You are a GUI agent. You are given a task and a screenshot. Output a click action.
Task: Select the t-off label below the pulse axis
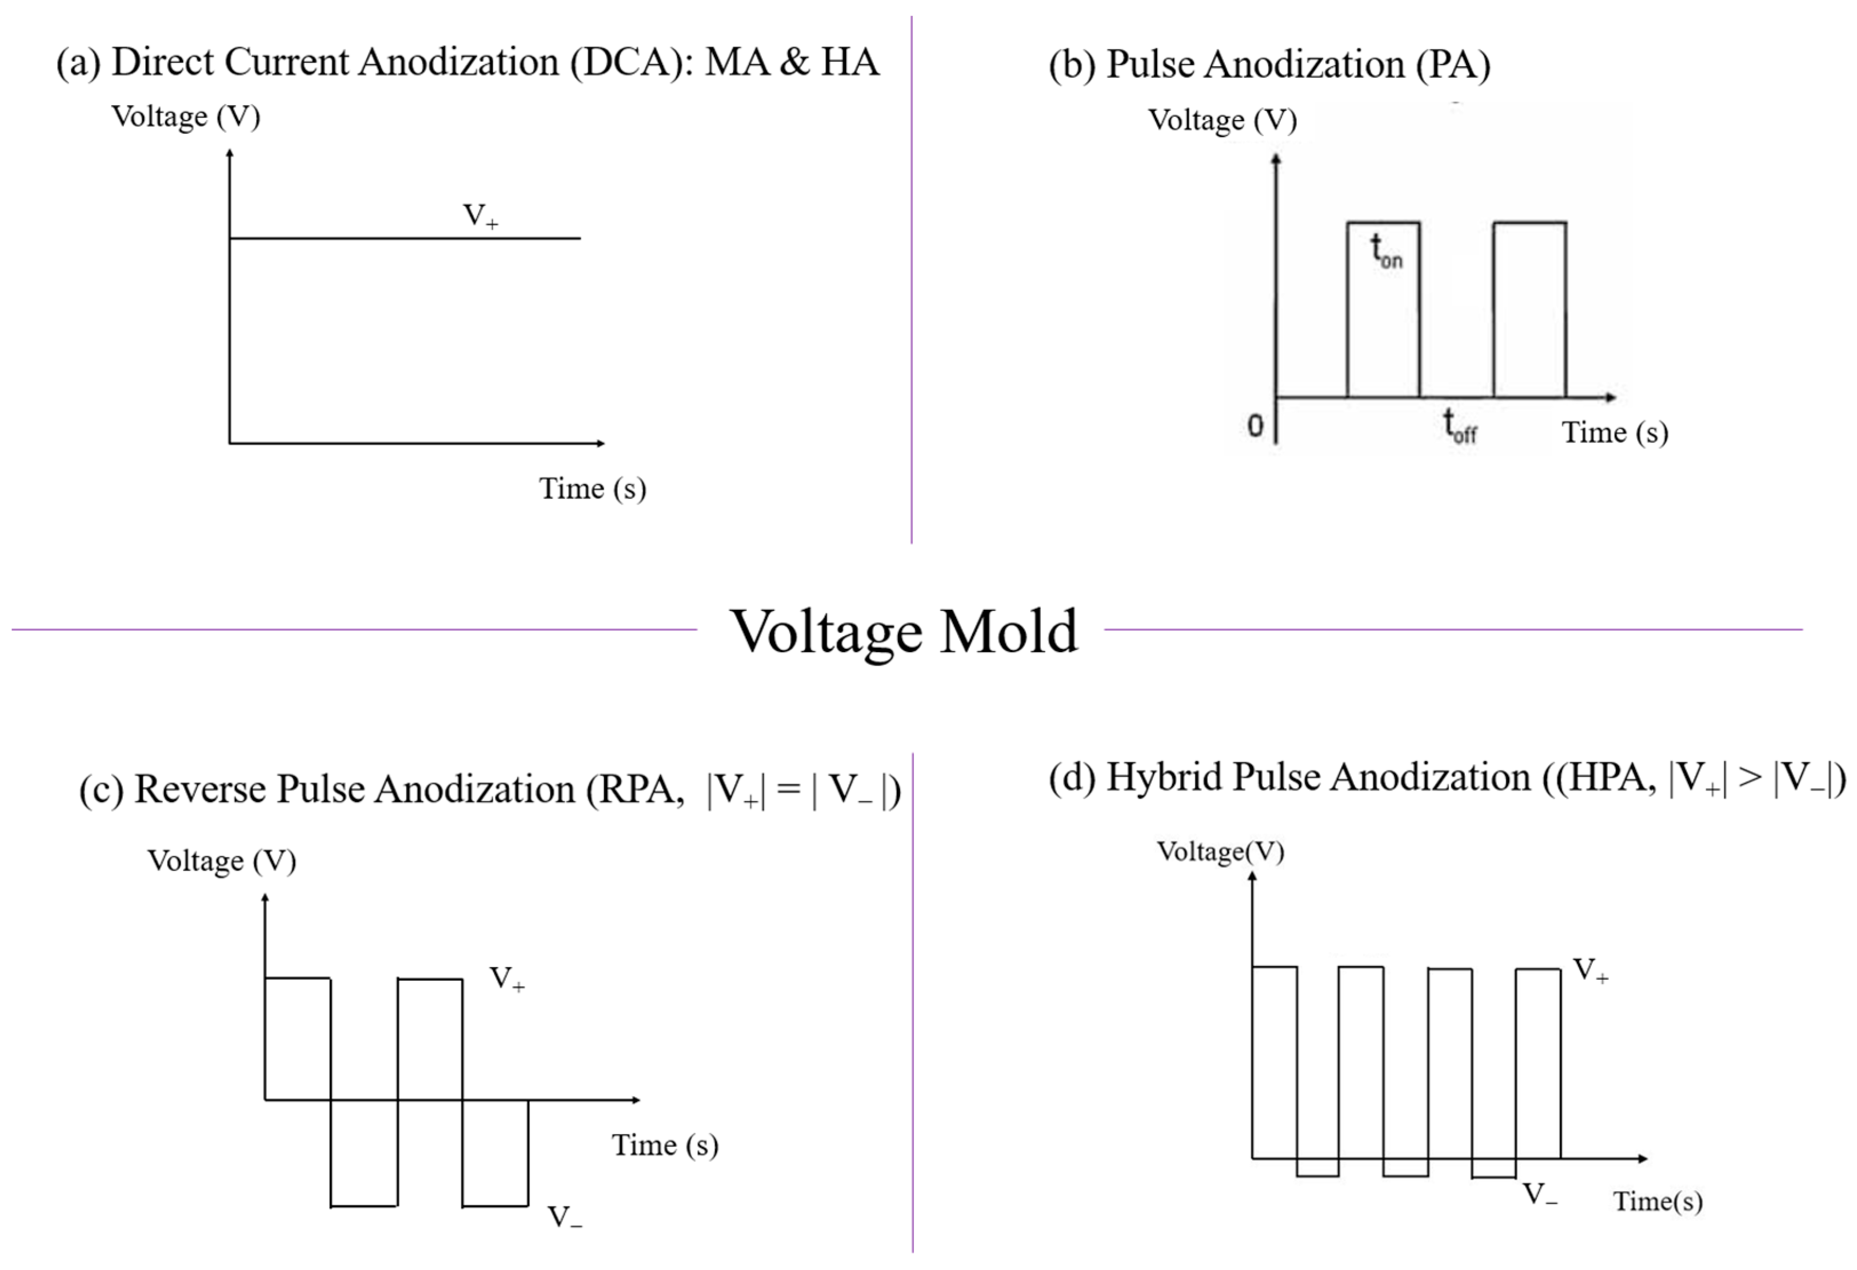[x=1459, y=426]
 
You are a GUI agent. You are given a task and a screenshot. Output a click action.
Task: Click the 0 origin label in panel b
[x=1255, y=426]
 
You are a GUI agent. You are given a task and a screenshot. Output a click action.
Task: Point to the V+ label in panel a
[x=480, y=216]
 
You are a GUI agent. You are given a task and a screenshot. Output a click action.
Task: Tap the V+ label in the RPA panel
[x=506, y=979]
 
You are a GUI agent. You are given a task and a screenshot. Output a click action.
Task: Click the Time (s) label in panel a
[x=592, y=488]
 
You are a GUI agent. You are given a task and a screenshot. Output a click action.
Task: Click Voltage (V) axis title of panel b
[x=1222, y=120]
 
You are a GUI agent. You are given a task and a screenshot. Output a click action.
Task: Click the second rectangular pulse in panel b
[x=1529, y=309]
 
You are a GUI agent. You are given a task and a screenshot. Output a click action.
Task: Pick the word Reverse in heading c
[x=200, y=790]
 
